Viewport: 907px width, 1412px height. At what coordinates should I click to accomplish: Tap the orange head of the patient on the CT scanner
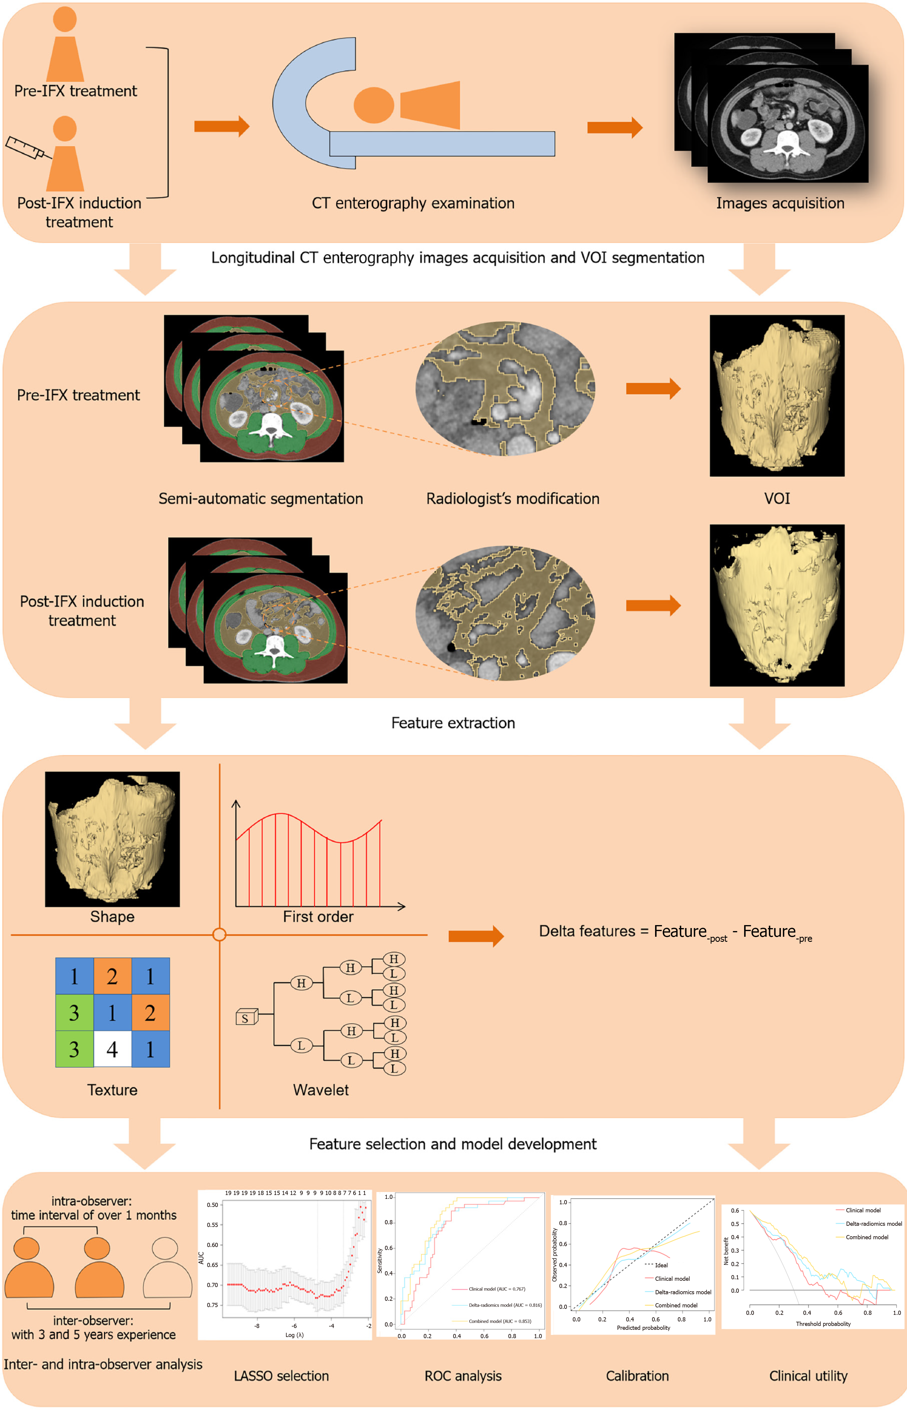pos(373,105)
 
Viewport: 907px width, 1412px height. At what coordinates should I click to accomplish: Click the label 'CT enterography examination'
pos(413,203)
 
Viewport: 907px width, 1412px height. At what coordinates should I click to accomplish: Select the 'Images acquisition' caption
pos(780,203)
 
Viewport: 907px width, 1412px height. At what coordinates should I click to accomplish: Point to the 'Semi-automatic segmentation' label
pos(260,499)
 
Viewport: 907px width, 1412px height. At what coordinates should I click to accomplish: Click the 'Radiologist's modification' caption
pos(513,499)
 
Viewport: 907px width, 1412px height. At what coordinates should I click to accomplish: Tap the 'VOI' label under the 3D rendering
pos(777,499)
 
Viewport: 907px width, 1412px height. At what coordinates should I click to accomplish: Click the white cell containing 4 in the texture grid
pos(112,1049)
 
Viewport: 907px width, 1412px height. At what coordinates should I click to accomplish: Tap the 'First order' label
pos(318,917)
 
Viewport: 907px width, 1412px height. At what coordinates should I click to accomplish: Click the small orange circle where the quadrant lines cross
pos(219,934)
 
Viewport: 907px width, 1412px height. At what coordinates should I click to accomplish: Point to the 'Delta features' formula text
pos(675,932)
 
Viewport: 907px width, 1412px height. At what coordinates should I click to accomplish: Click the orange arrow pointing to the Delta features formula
pos(475,936)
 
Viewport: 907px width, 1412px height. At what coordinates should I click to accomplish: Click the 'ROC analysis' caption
pos(463,1376)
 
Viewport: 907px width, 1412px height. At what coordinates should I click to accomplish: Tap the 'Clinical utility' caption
pos(808,1376)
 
